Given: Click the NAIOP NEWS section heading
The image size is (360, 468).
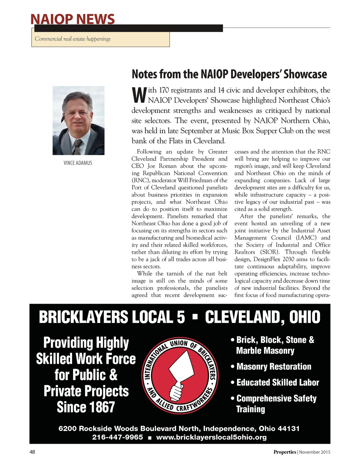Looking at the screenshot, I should tap(72, 19).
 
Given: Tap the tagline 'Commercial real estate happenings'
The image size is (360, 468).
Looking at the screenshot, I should tap(72, 39).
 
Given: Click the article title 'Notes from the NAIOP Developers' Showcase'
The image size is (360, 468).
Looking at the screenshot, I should tap(229, 74).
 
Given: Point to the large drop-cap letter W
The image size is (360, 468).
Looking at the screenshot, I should tap(139, 95).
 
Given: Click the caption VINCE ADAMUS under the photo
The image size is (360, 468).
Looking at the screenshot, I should tap(78, 163).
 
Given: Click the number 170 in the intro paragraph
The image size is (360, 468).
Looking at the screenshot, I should tap(164, 90).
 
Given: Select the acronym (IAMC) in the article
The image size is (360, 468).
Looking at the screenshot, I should tap(306, 238).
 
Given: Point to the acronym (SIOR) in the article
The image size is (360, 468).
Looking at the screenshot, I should tap(270, 252).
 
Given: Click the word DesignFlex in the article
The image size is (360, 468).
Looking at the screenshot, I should tap(267, 259).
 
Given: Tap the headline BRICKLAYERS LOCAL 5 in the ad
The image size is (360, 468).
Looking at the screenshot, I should tap(112, 317).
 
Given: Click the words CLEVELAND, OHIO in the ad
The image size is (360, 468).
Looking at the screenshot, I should tap(262, 317).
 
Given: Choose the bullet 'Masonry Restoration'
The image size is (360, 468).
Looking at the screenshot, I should tap(274, 367).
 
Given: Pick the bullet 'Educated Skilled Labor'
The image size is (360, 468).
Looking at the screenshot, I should tap(277, 382).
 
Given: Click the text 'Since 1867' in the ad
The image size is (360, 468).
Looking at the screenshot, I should tap(86, 407).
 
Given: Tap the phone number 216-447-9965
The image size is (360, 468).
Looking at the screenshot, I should tap(117, 437).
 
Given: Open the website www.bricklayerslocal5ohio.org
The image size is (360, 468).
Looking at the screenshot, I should tap(211, 437).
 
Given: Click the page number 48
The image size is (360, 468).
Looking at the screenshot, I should tap(32, 452).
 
